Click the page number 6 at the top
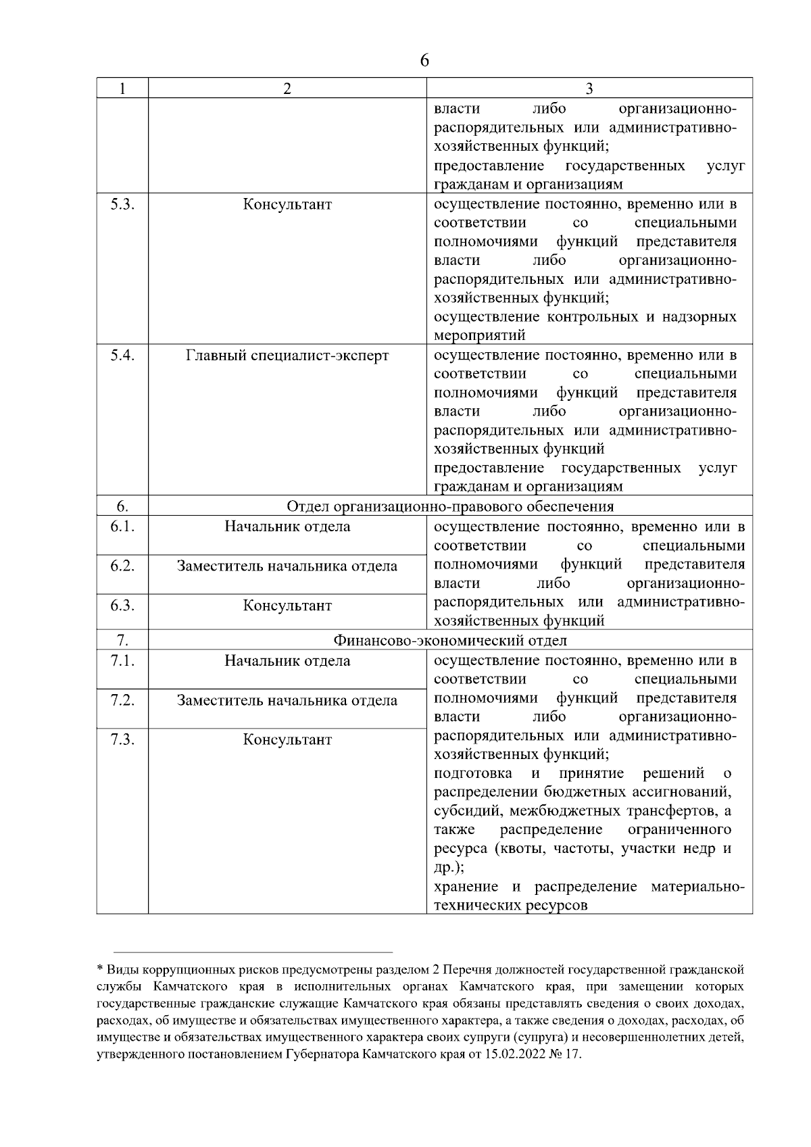(x=424, y=61)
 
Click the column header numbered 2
(x=287, y=89)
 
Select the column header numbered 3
(x=589, y=89)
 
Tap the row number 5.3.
(x=122, y=204)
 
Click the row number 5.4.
(x=122, y=356)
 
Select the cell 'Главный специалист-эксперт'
(x=287, y=356)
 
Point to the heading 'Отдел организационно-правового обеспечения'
(x=450, y=506)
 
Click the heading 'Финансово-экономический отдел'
(x=450, y=640)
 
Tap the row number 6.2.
(x=122, y=566)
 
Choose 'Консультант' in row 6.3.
(x=287, y=606)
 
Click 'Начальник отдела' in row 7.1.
(x=287, y=660)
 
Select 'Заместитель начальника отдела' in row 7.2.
(x=287, y=700)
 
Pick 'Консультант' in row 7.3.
(x=287, y=739)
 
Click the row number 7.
(x=122, y=640)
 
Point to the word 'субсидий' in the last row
(x=466, y=810)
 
